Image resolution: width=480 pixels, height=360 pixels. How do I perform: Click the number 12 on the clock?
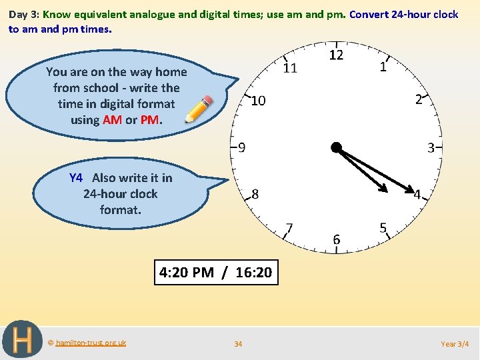336,55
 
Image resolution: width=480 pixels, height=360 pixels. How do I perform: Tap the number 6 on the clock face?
336,239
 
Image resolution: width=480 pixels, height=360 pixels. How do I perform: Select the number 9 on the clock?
241,147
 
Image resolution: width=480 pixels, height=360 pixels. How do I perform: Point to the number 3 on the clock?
431,147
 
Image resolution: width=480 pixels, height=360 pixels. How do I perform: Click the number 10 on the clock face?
258,101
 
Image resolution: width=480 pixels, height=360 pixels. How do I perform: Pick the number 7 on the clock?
289,229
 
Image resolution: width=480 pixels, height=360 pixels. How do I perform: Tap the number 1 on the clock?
383,66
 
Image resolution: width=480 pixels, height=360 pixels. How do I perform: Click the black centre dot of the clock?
336,147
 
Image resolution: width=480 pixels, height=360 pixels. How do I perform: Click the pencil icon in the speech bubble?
199,109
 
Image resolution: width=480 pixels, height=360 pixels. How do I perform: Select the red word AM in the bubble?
112,120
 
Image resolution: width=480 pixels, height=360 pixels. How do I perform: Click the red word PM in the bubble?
150,120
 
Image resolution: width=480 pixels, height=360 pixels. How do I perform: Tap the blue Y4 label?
76,178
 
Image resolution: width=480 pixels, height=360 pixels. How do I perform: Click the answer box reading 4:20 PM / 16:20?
216,272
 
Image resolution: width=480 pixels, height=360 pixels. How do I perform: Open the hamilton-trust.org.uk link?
91,343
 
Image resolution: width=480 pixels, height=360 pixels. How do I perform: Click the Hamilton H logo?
23,341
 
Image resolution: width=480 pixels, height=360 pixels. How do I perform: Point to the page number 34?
238,344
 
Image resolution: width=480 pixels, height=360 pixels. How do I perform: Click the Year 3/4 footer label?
455,344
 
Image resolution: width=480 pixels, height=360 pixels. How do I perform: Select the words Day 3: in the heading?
24,14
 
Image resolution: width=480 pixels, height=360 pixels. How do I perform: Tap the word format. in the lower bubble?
121,210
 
